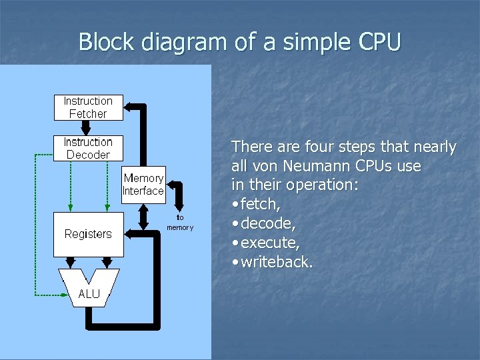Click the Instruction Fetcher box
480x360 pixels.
click(88, 107)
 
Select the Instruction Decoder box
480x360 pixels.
click(88, 148)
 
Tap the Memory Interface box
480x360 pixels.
click(143, 184)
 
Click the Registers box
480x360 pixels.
click(88, 234)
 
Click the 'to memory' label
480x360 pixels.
click(180, 223)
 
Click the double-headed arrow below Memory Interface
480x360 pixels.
click(143, 215)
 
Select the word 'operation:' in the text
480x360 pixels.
click(324, 185)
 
